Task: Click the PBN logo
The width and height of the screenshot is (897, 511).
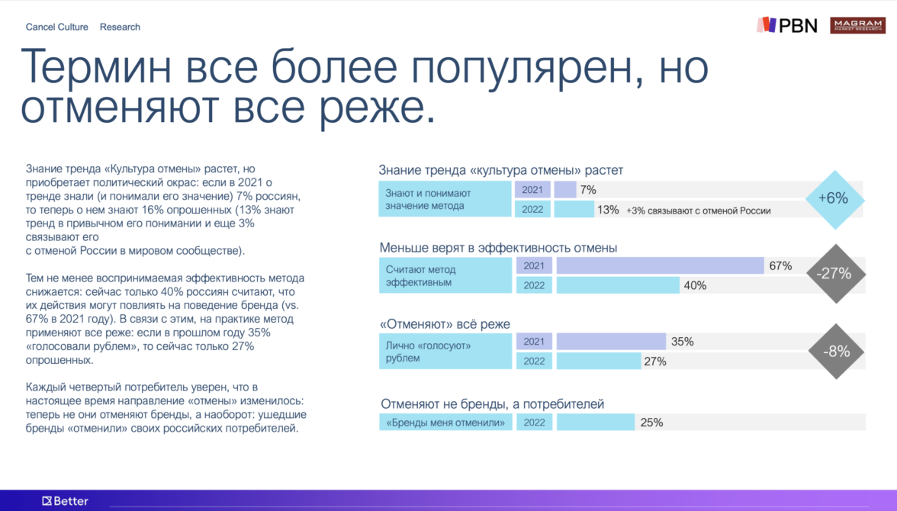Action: pos(787,25)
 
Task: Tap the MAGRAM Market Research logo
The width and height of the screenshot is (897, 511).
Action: pos(857,25)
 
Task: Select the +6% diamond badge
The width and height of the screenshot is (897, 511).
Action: pos(834,199)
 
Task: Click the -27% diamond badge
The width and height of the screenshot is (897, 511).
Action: pos(836,274)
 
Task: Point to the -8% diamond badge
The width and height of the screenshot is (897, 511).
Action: pos(836,352)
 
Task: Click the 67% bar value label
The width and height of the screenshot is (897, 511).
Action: pos(780,266)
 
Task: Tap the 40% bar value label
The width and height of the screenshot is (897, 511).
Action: pos(695,285)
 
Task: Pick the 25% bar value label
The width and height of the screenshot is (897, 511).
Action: pos(651,423)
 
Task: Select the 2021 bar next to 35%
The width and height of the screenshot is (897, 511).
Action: pos(611,342)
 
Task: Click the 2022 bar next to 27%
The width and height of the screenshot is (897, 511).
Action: pos(598,361)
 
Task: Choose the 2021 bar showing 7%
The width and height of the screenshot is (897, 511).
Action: pos(565,189)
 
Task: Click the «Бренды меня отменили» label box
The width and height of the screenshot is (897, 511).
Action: pos(445,423)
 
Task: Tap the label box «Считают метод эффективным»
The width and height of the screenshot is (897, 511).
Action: pos(445,275)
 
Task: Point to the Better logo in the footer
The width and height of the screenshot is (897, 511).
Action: pos(66,501)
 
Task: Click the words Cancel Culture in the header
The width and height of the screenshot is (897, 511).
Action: pos(56,27)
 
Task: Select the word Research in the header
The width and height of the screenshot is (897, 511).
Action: pos(120,27)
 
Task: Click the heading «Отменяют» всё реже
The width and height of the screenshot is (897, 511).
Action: pos(445,324)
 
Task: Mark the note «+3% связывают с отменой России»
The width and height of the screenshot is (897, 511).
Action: pos(699,211)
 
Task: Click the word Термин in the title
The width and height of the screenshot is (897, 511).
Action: pos(96,67)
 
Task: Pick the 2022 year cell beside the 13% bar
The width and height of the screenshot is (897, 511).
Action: pos(532,209)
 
